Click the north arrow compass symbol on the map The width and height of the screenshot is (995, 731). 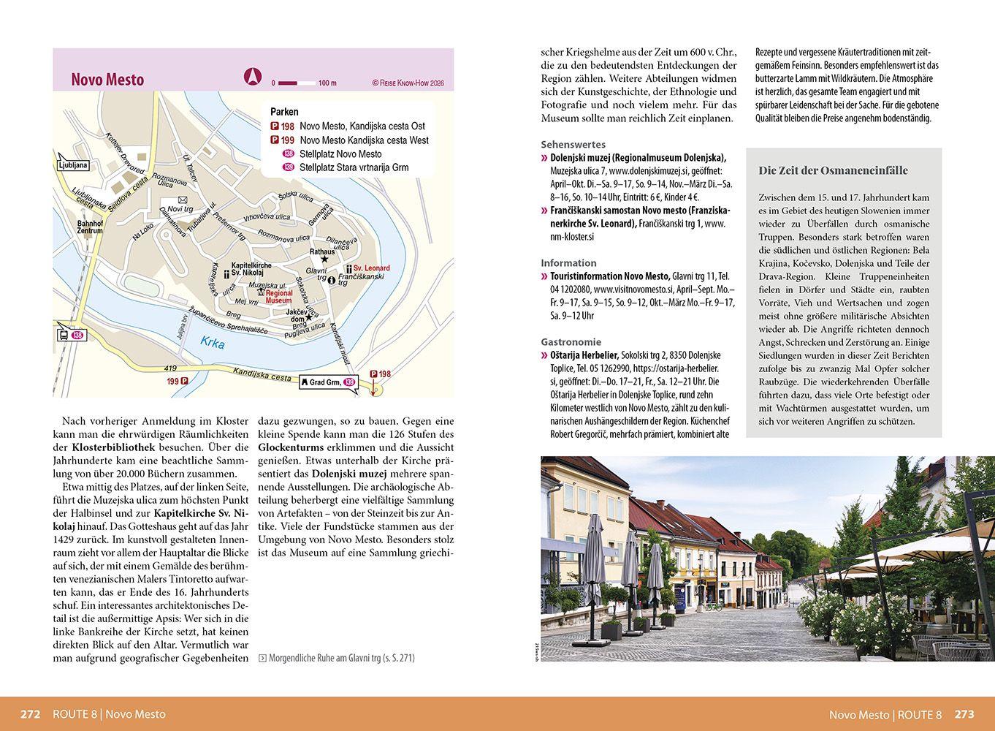(x=252, y=77)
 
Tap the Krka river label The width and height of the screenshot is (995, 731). (x=213, y=344)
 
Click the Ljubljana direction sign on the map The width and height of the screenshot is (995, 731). (x=72, y=165)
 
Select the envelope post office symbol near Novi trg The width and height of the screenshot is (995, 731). (x=182, y=200)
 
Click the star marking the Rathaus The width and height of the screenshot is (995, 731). (x=325, y=259)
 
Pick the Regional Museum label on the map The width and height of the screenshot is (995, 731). (x=278, y=296)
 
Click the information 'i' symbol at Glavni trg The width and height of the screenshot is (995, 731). (x=332, y=279)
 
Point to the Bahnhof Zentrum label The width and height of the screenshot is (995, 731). (x=91, y=227)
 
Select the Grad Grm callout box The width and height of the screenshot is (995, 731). (x=327, y=382)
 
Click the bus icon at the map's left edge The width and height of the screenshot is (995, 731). (x=64, y=335)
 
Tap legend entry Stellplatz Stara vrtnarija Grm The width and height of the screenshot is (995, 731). (x=354, y=167)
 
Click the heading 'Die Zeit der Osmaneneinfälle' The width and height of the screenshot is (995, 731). (x=833, y=170)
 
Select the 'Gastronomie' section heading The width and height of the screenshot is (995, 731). (x=571, y=341)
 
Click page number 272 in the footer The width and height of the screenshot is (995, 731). (x=30, y=714)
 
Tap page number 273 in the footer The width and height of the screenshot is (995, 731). (x=964, y=714)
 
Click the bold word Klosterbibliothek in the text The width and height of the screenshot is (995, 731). (x=112, y=447)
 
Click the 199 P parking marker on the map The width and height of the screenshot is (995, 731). (x=178, y=381)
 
